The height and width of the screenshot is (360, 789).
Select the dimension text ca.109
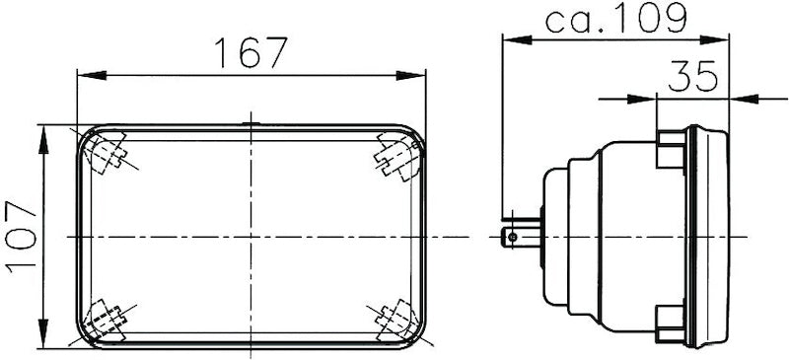click(x=615, y=17)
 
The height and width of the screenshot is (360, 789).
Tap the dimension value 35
click(x=692, y=77)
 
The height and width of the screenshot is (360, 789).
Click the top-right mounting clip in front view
click(x=396, y=156)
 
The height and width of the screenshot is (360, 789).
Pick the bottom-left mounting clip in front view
click(x=106, y=319)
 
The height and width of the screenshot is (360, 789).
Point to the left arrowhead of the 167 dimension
click(x=88, y=75)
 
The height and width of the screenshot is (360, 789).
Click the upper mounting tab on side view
click(x=670, y=151)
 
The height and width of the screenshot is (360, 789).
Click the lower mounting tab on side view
click(x=670, y=320)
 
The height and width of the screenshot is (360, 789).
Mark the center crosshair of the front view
click(x=251, y=237)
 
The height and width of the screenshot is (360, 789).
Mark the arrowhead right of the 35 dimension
click(x=739, y=99)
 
